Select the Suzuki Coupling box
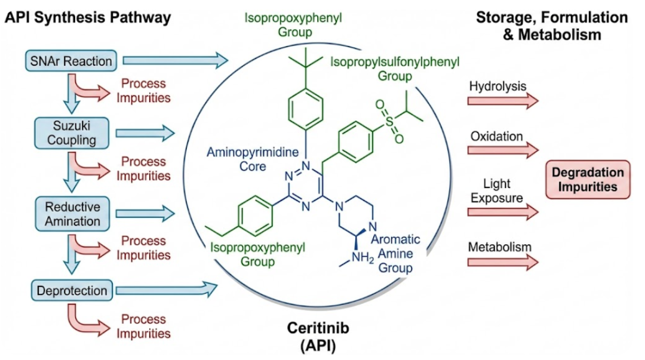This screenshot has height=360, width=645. (x=72, y=133)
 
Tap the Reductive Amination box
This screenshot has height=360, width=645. (x=73, y=213)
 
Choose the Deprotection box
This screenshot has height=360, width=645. (x=72, y=291)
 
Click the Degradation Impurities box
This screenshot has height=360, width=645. (x=588, y=179)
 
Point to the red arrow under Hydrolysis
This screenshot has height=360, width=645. (x=502, y=100)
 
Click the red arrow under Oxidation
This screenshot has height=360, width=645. (x=502, y=150)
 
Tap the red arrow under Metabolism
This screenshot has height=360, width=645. (x=502, y=261)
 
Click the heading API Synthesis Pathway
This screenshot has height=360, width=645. (x=88, y=17)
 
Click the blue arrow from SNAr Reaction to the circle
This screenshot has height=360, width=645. (x=176, y=60)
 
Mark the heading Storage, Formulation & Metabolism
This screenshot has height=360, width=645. (x=551, y=26)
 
